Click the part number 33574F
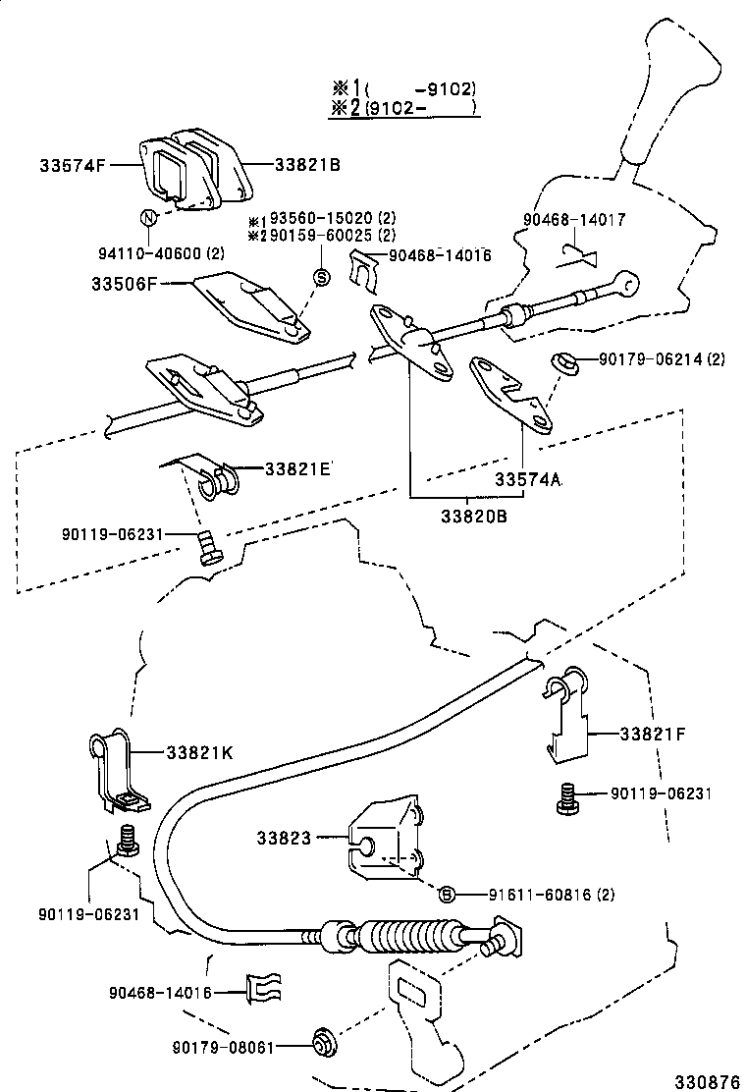[x=73, y=165]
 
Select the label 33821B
[x=307, y=165]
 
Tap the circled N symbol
[x=148, y=217]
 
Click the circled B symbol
[x=447, y=894]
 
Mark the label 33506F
[x=127, y=285]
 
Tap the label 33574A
[x=527, y=478]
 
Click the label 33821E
[x=298, y=468]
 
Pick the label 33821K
[x=199, y=752]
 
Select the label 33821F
[x=652, y=733]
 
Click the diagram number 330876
[x=707, y=1080]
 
